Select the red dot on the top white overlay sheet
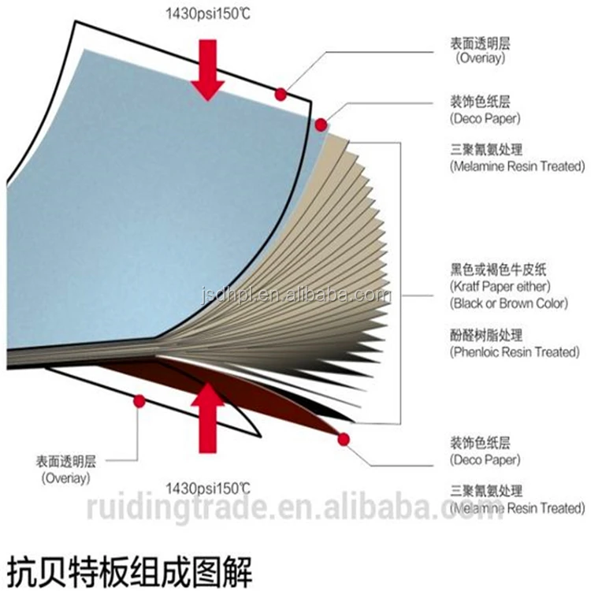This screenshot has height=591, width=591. (x=280, y=95)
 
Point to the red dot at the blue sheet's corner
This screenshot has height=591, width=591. (x=321, y=125)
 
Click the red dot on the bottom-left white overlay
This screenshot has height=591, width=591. (x=139, y=401)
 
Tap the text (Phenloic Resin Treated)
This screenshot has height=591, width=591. (x=513, y=352)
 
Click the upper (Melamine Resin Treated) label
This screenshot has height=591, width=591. (x=518, y=166)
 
